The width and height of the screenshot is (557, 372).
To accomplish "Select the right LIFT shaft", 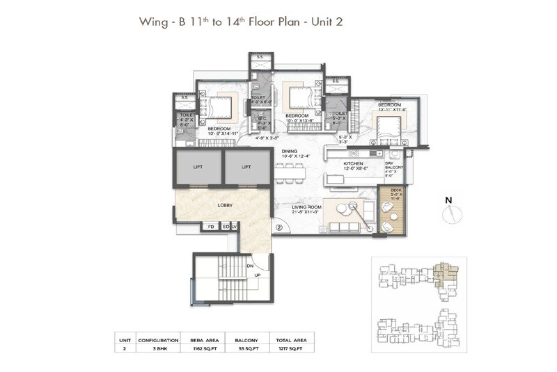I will (245, 168).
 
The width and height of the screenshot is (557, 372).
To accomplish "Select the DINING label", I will (290, 151).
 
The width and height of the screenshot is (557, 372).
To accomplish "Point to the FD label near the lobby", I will (210, 227).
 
